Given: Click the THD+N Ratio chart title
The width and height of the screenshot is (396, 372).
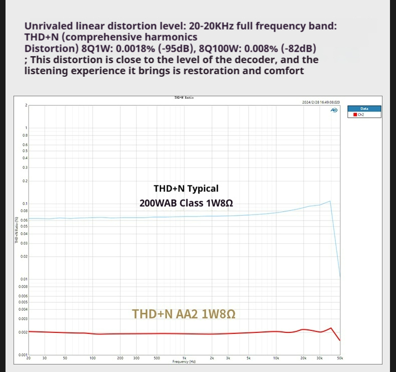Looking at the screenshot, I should pos(184,98).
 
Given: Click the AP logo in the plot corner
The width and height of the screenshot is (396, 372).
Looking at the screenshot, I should pos(334,109).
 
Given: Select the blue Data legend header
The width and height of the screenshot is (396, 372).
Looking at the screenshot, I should pos(364,108).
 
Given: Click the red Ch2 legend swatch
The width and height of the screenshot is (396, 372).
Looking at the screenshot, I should pos(355,114).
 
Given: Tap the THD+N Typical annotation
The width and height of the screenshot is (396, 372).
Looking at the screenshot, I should pos(186,189).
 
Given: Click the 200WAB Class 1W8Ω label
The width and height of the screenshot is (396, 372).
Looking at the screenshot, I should pos(186,204).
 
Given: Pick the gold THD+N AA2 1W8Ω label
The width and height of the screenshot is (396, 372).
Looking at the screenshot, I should pos(183,314).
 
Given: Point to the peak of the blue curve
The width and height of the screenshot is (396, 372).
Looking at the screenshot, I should pos(330,201).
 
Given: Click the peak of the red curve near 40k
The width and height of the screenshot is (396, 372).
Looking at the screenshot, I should pos(331,328).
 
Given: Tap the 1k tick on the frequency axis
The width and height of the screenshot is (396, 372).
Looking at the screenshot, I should pos(184,358).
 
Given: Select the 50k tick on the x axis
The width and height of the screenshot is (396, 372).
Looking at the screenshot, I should pos(339,358).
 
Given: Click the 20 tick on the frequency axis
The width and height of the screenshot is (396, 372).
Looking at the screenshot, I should pos(29,358).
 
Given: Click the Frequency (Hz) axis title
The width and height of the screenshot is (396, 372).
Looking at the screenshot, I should pos(184,361).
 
